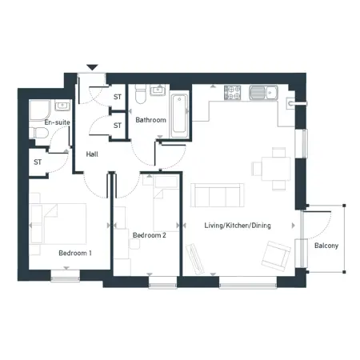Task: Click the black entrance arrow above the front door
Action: pos(92,67)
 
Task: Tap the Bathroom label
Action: pos(150,120)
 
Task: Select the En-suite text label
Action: pos(57,122)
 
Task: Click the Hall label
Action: pos(92,154)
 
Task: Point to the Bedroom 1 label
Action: pos(75,253)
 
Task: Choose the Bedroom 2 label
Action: pos(150,235)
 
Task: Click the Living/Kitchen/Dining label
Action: pos(238,226)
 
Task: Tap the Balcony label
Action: pos(326,246)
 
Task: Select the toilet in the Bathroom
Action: pos(140,94)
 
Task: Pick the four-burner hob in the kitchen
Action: pos(232,93)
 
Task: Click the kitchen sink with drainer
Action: pos(263,93)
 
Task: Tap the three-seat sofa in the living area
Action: pos(217,195)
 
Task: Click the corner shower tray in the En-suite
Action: pos(40,110)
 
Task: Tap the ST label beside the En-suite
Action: pos(38,162)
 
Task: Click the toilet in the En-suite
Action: pos(39,133)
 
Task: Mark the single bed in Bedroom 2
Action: pos(166,203)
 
